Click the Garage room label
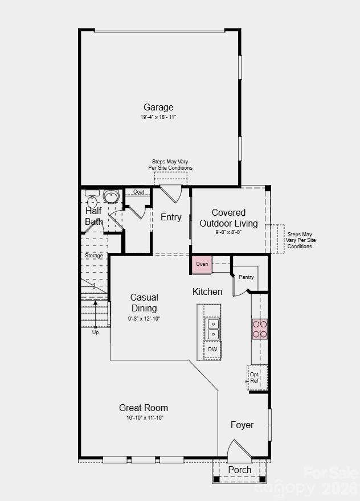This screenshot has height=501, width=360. pyautogui.click(x=158, y=107)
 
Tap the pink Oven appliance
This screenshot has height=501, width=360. pyautogui.click(x=202, y=265)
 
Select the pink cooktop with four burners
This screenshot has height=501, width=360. pyautogui.click(x=260, y=329)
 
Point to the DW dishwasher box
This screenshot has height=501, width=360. pyautogui.click(x=212, y=350)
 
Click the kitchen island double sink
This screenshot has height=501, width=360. pyautogui.click(x=212, y=329)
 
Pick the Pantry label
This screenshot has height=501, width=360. pyautogui.click(x=246, y=277)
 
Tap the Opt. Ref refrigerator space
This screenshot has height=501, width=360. pyautogui.click(x=255, y=377)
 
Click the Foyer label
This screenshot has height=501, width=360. pyautogui.click(x=242, y=425)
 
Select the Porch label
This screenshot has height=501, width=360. pyautogui.click(x=239, y=470)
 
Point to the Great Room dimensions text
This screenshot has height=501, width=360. pyautogui.click(x=144, y=418)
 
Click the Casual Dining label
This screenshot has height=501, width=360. pyautogui.click(x=144, y=302)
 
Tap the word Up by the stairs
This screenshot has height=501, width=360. pyautogui.click(x=95, y=332)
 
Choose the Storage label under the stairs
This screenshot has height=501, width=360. pyautogui.click(x=94, y=256)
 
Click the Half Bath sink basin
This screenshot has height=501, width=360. pyautogui.click(x=111, y=197)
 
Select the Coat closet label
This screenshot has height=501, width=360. pyautogui.click(x=138, y=192)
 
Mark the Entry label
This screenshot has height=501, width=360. pyautogui.click(x=171, y=217)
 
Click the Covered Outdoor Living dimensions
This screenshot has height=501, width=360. pyautogui.click(x=228, y=232)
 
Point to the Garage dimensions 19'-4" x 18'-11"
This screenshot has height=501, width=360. pyautogui.click(x=158, y=117)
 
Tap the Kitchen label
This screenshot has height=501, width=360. pyautogui.click(x=207, y=291)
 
